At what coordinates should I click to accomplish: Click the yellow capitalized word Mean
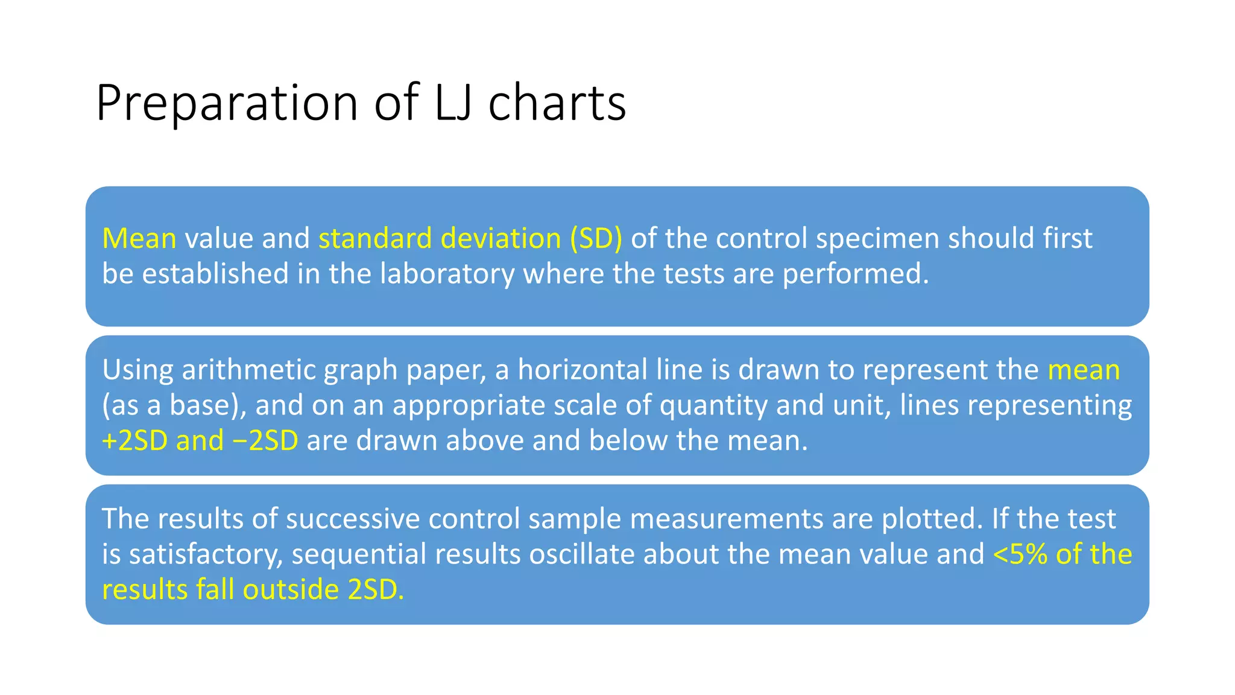139,238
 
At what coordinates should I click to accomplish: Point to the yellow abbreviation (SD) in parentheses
596,238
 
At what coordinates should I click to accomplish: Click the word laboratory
447,274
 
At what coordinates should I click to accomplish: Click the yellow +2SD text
134,440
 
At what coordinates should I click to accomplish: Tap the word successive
352,518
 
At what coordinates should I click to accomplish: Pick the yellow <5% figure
1020,554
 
